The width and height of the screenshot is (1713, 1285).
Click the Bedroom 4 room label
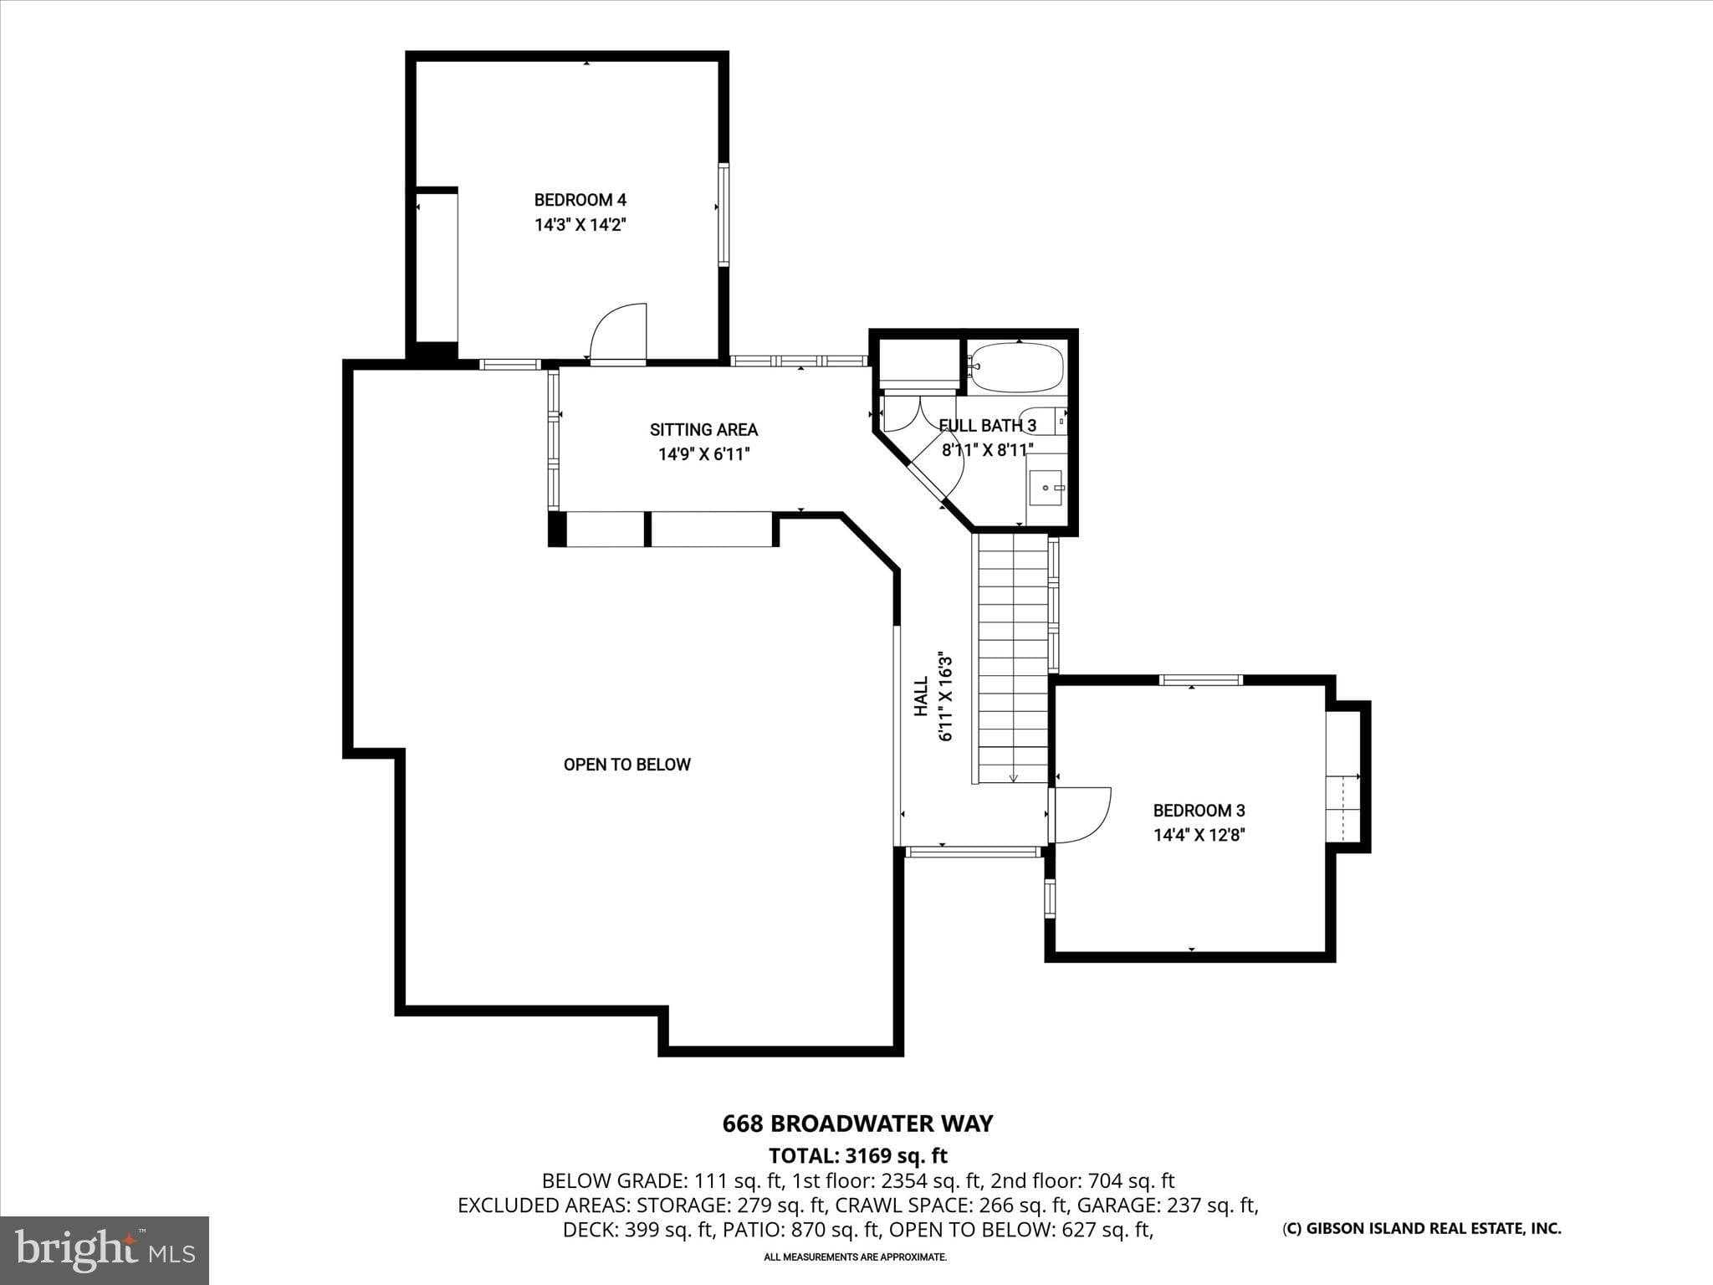coord(580,200)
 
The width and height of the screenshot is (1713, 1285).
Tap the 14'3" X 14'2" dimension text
coord(580,225)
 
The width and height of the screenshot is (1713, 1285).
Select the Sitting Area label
coord(703,430)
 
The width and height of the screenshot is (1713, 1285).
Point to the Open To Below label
coord(626,765)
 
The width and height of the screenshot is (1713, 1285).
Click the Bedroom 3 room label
coord(1199,811)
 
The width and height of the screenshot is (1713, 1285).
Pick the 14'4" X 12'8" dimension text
coord(1199,835)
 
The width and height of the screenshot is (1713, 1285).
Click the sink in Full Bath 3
coord(1046,487)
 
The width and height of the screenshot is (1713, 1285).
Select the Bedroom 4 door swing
coord(618,333)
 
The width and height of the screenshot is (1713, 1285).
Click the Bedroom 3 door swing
coord(1082,815)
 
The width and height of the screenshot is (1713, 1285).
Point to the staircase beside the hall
coord(1013,659)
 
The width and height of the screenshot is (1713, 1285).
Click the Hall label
coord(921,696)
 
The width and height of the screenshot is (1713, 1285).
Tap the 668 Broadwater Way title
coord(857,1123)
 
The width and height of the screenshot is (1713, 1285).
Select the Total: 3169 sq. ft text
coord(857,1155)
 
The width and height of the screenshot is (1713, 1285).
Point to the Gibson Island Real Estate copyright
coord(1421,1228)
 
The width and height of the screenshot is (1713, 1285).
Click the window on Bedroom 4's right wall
coord(724,215)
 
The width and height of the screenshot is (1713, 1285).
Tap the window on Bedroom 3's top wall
coord(1201,680)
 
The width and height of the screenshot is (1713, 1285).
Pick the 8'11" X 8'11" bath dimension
coord(987,450)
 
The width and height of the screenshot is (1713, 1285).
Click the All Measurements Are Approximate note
coord(855,1257)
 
